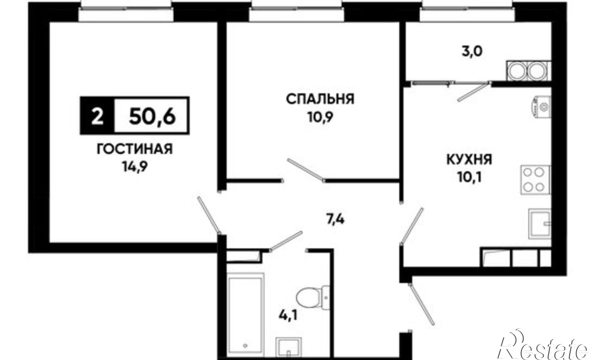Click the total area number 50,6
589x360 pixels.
152,116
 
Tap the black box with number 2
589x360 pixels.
97,116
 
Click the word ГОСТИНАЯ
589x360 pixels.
135,149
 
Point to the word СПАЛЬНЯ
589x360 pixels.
320,99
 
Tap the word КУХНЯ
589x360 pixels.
469,160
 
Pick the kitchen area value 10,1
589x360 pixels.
470,177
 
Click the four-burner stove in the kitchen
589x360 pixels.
535,179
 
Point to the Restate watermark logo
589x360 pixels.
543,348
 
